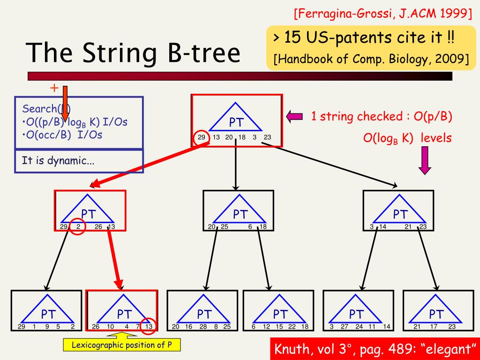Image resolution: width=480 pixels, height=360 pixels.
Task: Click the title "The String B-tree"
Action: [133, 52]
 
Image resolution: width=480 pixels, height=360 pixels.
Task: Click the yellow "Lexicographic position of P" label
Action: [121, 345]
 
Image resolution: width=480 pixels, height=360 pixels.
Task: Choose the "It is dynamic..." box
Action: [58, 161]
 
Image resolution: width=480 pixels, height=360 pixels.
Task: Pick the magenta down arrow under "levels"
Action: [425, 160]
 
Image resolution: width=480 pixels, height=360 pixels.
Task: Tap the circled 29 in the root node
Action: [201, 138]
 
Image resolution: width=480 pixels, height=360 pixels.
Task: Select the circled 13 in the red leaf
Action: [149, 327]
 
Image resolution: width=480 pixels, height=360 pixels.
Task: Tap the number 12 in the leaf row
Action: [267, 327]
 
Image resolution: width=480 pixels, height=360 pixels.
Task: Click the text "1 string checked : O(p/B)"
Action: [382, 117]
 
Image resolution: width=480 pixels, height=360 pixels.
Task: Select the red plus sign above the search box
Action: [54, 88]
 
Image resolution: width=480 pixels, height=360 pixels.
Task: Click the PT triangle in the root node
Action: [236, 119]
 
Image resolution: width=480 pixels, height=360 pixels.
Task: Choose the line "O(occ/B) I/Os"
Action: [62, 135]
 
